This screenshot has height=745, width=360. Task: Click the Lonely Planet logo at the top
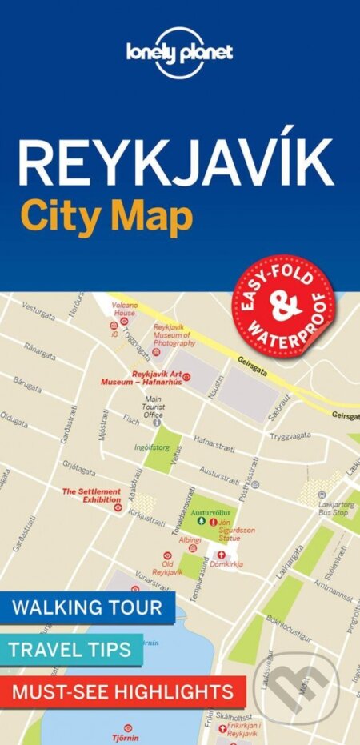click(x=180, y=53)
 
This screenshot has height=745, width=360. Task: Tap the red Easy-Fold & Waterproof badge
click(x=283, y=295)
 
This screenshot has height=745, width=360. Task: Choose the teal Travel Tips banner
click(x=71, y=649)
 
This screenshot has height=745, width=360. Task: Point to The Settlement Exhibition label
click(x=91, y=495)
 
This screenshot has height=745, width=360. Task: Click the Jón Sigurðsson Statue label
click(x=241, y=529)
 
